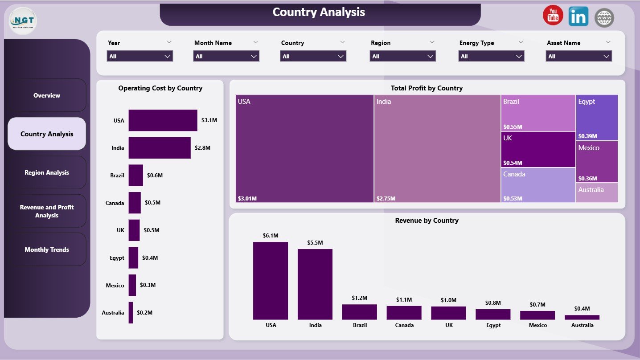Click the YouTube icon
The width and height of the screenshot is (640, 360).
click(553, 16)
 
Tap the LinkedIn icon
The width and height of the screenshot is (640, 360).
click(578, 16)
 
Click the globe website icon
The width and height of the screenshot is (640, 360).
click(604, 18)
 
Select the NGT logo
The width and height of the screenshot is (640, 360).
click(23, 20)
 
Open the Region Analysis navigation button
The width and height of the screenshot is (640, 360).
click(47, 172)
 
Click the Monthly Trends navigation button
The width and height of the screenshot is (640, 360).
click(47, 250)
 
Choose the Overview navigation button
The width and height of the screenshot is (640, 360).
click(47, 95)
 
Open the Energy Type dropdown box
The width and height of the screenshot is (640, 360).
click(491, 56)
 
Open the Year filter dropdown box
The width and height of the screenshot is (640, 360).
click(140, 56)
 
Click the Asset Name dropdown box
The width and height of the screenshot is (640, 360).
click(578, 56)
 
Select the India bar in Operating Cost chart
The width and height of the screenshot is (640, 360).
click(160, 148)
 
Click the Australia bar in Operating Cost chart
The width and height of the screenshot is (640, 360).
click(131, 312)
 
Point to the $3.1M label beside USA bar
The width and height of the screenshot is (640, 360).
click(209, 121)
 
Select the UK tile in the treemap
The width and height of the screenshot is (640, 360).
click(538, 150)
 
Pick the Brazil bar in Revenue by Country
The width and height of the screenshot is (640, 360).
click(360, 312)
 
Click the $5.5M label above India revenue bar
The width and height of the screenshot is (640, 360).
click(315, 242)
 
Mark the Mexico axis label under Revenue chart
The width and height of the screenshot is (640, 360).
click(537, 325)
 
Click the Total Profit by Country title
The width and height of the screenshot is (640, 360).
click(427, 88)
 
